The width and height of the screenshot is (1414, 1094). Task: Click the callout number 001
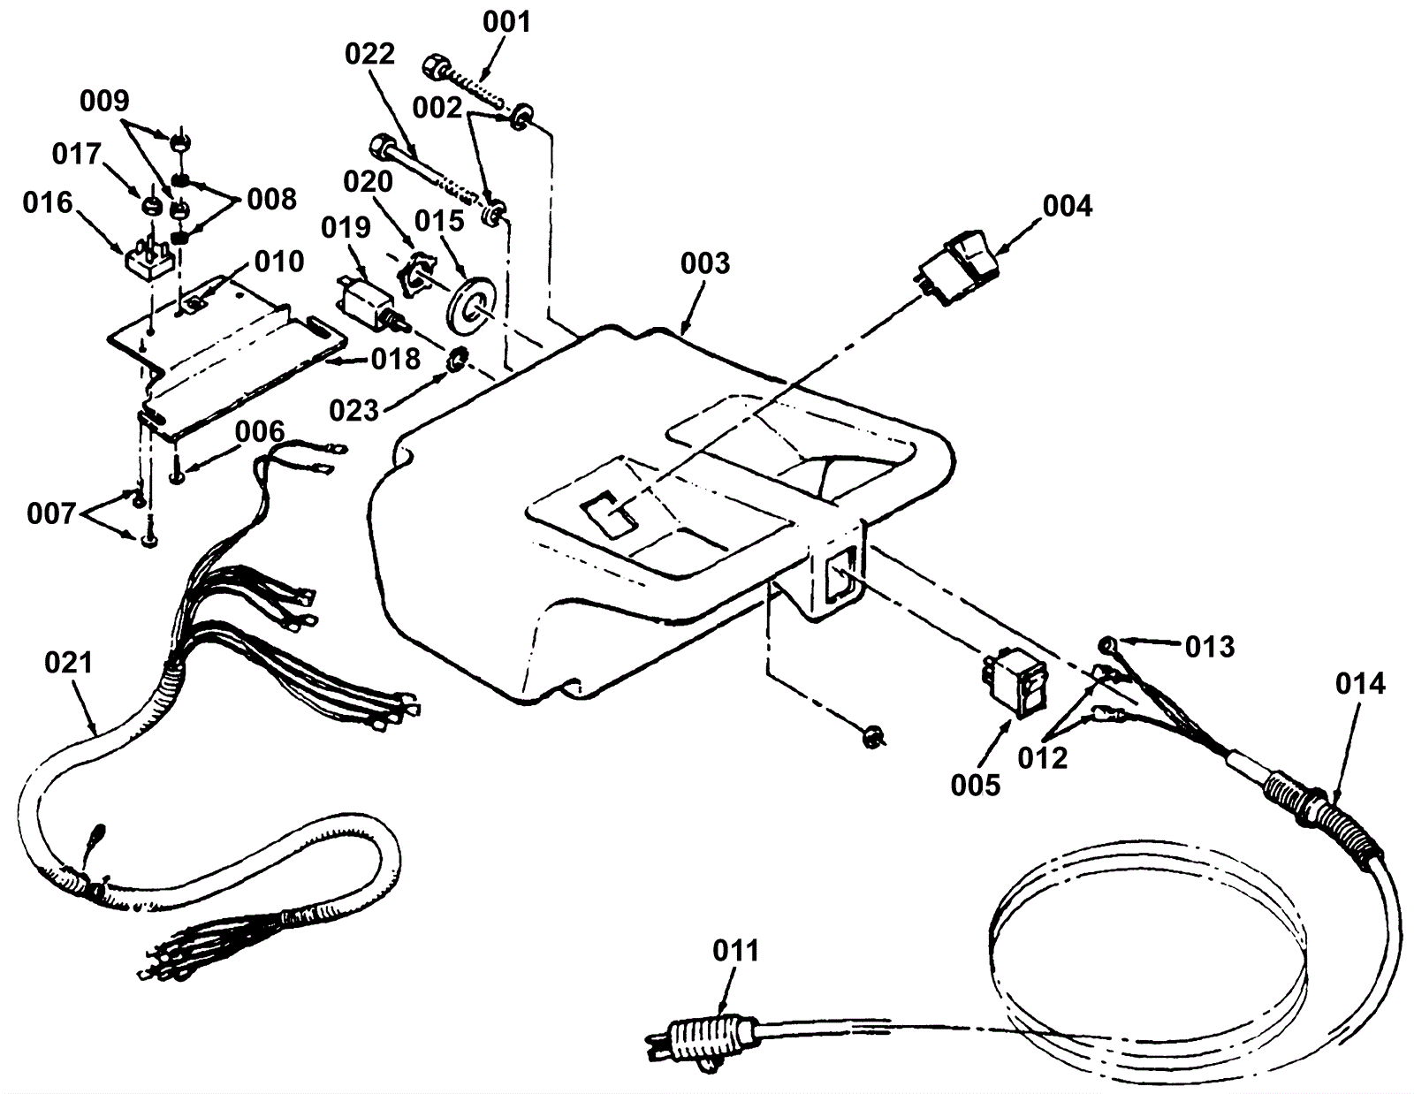coord(506,20)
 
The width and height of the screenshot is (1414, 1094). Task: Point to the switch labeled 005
coord(1013,682)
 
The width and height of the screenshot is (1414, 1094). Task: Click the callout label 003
coord(705,262)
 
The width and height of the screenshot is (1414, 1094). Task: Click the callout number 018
coord(395,359)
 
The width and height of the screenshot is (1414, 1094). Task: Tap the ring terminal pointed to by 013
coord(1108,643)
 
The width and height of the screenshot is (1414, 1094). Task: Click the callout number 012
coord(1042,757)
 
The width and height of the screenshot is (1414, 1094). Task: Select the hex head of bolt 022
coord(384,145)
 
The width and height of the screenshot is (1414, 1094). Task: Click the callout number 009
coord(104,101)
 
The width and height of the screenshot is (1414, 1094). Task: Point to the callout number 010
coord(279,262)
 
